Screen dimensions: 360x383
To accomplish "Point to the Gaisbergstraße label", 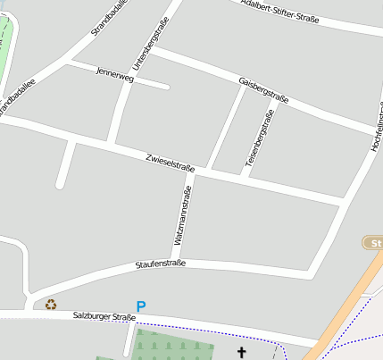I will click(263, 89).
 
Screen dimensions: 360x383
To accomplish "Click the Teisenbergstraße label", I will click(259, 139).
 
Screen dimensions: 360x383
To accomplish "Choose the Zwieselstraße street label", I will click(170, 163).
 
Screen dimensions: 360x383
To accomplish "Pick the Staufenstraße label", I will click(161, 264).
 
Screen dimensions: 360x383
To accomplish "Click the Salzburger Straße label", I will click(104, 316).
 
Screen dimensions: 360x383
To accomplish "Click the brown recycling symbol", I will click(51, 305).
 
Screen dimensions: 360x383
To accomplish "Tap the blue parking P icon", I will click(140, 306).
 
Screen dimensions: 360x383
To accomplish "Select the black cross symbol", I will click(240, 353).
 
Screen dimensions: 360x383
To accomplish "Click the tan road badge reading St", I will click(374, 243).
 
